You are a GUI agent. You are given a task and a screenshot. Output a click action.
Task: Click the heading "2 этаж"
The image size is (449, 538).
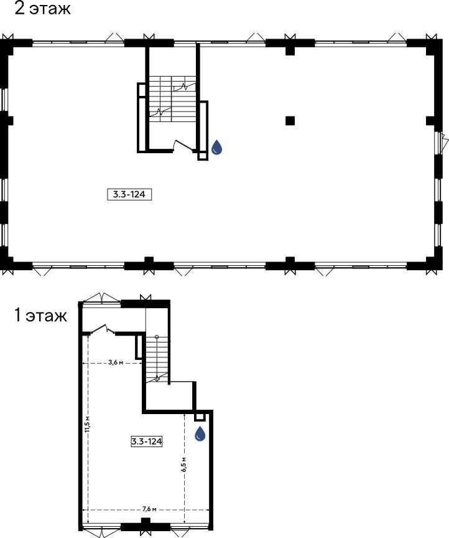tap(42, 8)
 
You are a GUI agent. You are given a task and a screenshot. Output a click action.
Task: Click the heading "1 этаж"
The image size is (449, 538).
tap(40, 315)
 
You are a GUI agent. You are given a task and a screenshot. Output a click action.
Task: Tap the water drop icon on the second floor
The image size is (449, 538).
tap(216, 147)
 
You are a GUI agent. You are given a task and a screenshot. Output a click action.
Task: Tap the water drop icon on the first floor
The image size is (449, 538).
tap(200, 433)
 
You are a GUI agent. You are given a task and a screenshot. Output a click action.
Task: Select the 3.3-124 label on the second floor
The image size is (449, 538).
tap(129, 194)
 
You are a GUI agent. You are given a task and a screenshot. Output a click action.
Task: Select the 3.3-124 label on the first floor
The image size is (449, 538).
tap(146, 441)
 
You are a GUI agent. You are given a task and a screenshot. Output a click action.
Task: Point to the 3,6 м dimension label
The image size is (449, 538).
tap(116, 362)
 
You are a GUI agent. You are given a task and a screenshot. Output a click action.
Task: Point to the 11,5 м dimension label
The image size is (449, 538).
tap(88, 425)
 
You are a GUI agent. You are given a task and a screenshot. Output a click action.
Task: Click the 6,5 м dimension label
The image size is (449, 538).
tap(184, 465)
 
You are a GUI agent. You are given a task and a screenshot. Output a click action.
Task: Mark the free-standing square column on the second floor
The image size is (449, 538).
tap(290, 120)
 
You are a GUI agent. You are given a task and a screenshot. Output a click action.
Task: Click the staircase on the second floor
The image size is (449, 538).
tap(172, 98)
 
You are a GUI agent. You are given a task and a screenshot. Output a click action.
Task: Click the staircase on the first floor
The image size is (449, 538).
tap(157, 359)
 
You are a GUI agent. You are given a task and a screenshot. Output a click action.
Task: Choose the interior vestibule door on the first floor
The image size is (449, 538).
tap(103, 329)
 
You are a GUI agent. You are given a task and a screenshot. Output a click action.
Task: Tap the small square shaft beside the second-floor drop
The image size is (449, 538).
tap(203, 156)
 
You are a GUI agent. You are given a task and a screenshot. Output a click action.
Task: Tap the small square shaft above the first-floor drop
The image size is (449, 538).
tap(200, 417)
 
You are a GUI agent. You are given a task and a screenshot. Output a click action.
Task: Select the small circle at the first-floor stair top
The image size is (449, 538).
tap(157, 337)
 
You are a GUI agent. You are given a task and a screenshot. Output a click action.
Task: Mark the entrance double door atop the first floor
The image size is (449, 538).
tap(102, 298)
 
